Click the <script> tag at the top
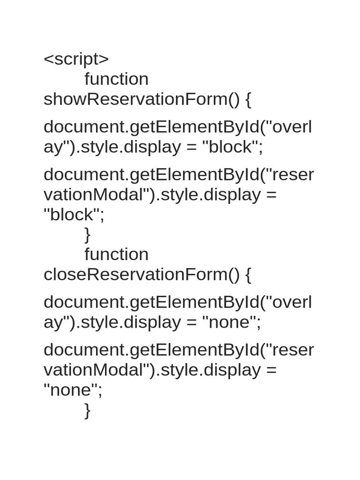point(76,59)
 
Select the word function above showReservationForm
point(116,79)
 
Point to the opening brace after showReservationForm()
point(248,100)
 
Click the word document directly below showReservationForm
point(84,127)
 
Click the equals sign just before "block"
point(191,147)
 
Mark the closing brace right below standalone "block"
point(88,235)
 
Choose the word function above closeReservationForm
point(116,254)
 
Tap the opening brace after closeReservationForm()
point(248,275)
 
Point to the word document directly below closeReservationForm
point(84,302)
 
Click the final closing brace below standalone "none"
point(88,410)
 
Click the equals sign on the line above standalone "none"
point(271,370)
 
